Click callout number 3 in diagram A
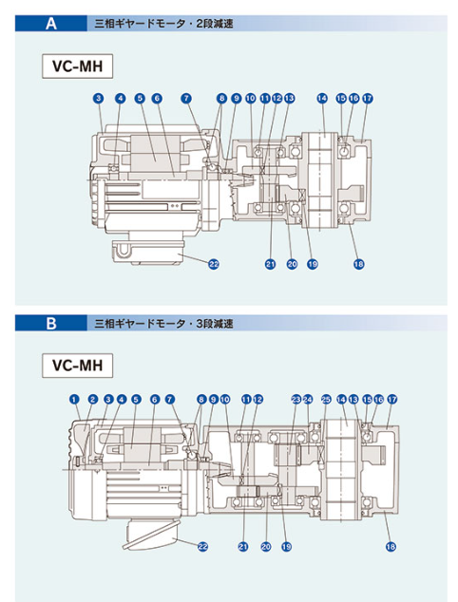tap(99, 99)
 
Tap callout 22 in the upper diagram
tap(214, 264)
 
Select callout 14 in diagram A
tap(322, 99)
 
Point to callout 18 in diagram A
tap(358, 264)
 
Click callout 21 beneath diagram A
tap(271, 264)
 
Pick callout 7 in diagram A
tap(186, 99)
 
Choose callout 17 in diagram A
tap(368, 99)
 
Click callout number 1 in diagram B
tap(74, 400)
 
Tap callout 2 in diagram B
tap(92, 400)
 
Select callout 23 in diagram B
tap(296, 400)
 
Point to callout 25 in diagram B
tap(326, 400)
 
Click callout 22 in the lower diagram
tap(202, 546)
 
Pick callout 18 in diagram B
tap(391, 546)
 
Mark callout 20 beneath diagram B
tap(266, 546)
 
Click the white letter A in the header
tap(51, 24)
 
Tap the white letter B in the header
tap(51, 323)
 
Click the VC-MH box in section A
tap(78, 66)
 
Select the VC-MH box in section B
tap(78, 366)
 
